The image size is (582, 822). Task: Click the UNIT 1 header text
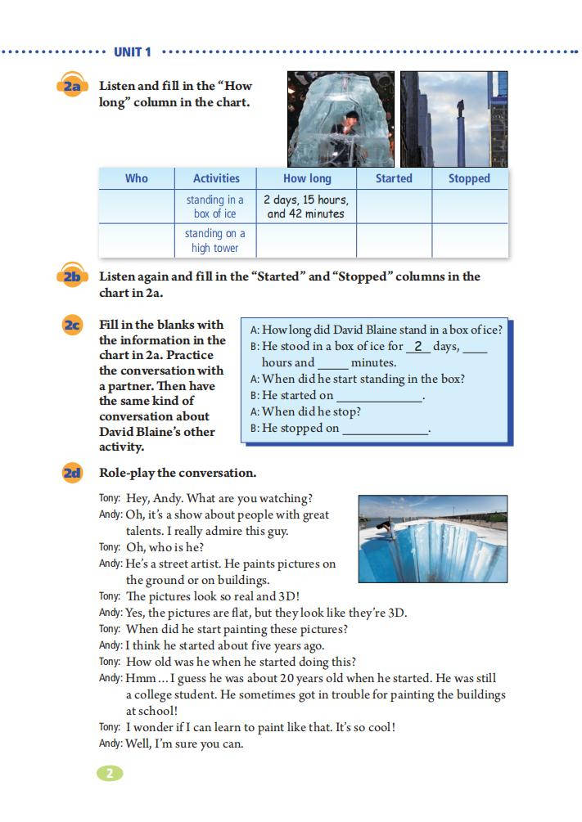133,52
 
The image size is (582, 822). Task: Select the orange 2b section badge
72,277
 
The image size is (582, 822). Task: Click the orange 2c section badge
72,326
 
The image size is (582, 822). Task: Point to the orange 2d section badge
72,473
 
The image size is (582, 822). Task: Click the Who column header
137,178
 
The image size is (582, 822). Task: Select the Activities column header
216,178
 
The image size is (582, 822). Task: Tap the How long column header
307,178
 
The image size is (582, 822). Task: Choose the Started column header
394,178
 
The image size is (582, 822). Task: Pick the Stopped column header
469,178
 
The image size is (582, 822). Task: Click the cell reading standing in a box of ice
215,206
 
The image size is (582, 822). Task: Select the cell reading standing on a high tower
215,240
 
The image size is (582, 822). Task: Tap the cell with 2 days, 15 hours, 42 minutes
306,206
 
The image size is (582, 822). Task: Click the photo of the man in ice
341,119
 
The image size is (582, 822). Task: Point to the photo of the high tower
453,119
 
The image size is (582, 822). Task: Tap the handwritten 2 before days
417,346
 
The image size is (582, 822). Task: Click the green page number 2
109,773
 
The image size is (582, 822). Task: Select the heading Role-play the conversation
178,473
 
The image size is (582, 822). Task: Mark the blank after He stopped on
385,429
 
